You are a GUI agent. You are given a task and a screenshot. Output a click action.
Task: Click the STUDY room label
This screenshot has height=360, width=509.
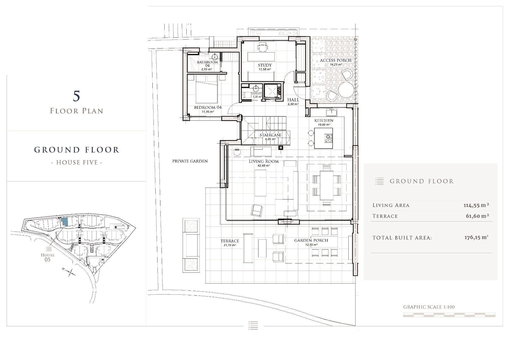[265, 65]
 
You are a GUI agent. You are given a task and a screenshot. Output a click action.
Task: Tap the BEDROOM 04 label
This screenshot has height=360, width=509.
[208, 107]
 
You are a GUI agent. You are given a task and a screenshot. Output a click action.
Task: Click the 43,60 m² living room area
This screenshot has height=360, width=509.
[264, 166]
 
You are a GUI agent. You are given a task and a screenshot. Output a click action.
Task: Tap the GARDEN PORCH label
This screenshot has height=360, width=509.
[311, 240]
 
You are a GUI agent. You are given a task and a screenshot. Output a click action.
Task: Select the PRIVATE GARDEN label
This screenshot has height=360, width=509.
[190, 161]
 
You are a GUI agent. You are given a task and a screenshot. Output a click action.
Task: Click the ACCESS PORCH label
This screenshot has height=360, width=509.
[336, 60]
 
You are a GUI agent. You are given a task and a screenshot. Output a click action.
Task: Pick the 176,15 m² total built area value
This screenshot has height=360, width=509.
[476, 237]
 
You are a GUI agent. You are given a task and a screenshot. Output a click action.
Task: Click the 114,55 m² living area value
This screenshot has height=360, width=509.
[476, 205]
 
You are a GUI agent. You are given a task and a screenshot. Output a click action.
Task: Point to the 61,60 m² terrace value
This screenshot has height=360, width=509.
[477, 216]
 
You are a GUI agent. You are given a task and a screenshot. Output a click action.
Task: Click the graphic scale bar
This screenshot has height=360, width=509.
[449, 315]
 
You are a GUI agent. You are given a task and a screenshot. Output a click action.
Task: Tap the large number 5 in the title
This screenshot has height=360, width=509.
[76, 96]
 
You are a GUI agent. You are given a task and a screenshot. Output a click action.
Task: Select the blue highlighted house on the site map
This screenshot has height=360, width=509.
[65, 222]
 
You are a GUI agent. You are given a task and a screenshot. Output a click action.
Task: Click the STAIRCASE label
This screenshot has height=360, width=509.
[270, 135]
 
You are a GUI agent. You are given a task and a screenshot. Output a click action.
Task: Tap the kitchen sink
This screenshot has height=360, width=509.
[331, 112]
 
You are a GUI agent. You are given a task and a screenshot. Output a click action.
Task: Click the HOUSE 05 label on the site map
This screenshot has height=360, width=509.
[47, 257]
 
